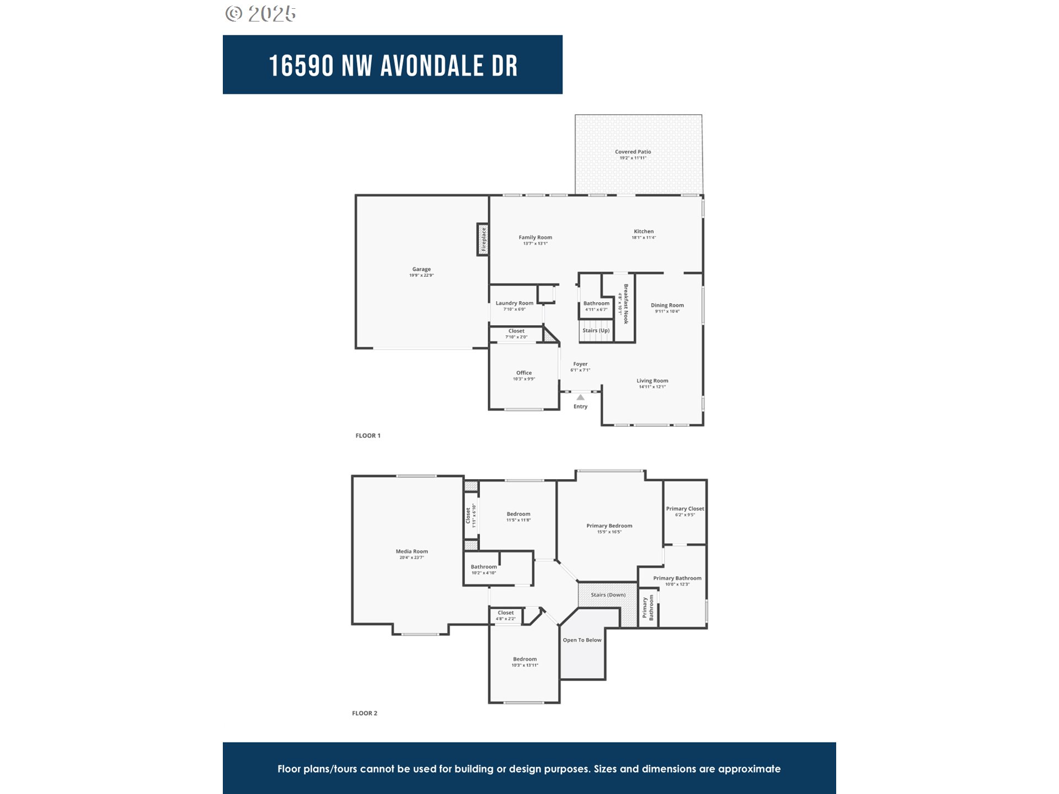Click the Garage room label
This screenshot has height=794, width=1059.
(421, 269)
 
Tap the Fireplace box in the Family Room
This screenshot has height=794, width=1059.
(483, 239)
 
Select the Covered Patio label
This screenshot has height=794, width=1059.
(633, 152)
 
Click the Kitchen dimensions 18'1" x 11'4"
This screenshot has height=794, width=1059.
(643, 238)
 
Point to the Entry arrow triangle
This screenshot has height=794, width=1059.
(580, 397)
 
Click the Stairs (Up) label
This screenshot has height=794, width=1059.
(596, 330)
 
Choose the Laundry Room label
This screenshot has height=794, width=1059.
(514, 303)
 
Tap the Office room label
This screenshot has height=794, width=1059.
(523, 373)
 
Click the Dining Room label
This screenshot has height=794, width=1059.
(667, 305)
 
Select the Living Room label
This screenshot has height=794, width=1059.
(652, 380)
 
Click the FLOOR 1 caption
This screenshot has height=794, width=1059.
(368, 436)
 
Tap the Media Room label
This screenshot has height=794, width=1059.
(411, 551)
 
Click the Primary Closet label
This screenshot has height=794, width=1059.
(684, 508)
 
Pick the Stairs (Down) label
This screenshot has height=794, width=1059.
(608, 595)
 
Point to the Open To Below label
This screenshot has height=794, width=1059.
(582, 640)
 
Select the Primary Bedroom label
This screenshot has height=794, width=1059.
(609, 525)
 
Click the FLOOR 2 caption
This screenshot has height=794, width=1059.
(365, 713)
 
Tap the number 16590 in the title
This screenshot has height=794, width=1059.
(301, 66)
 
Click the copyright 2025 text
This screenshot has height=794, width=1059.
(261, 13)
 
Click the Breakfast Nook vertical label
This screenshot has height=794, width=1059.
(626, 304)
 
